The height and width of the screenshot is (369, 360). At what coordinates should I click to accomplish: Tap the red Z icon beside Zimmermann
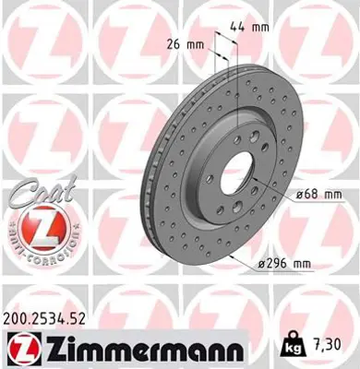22,350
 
